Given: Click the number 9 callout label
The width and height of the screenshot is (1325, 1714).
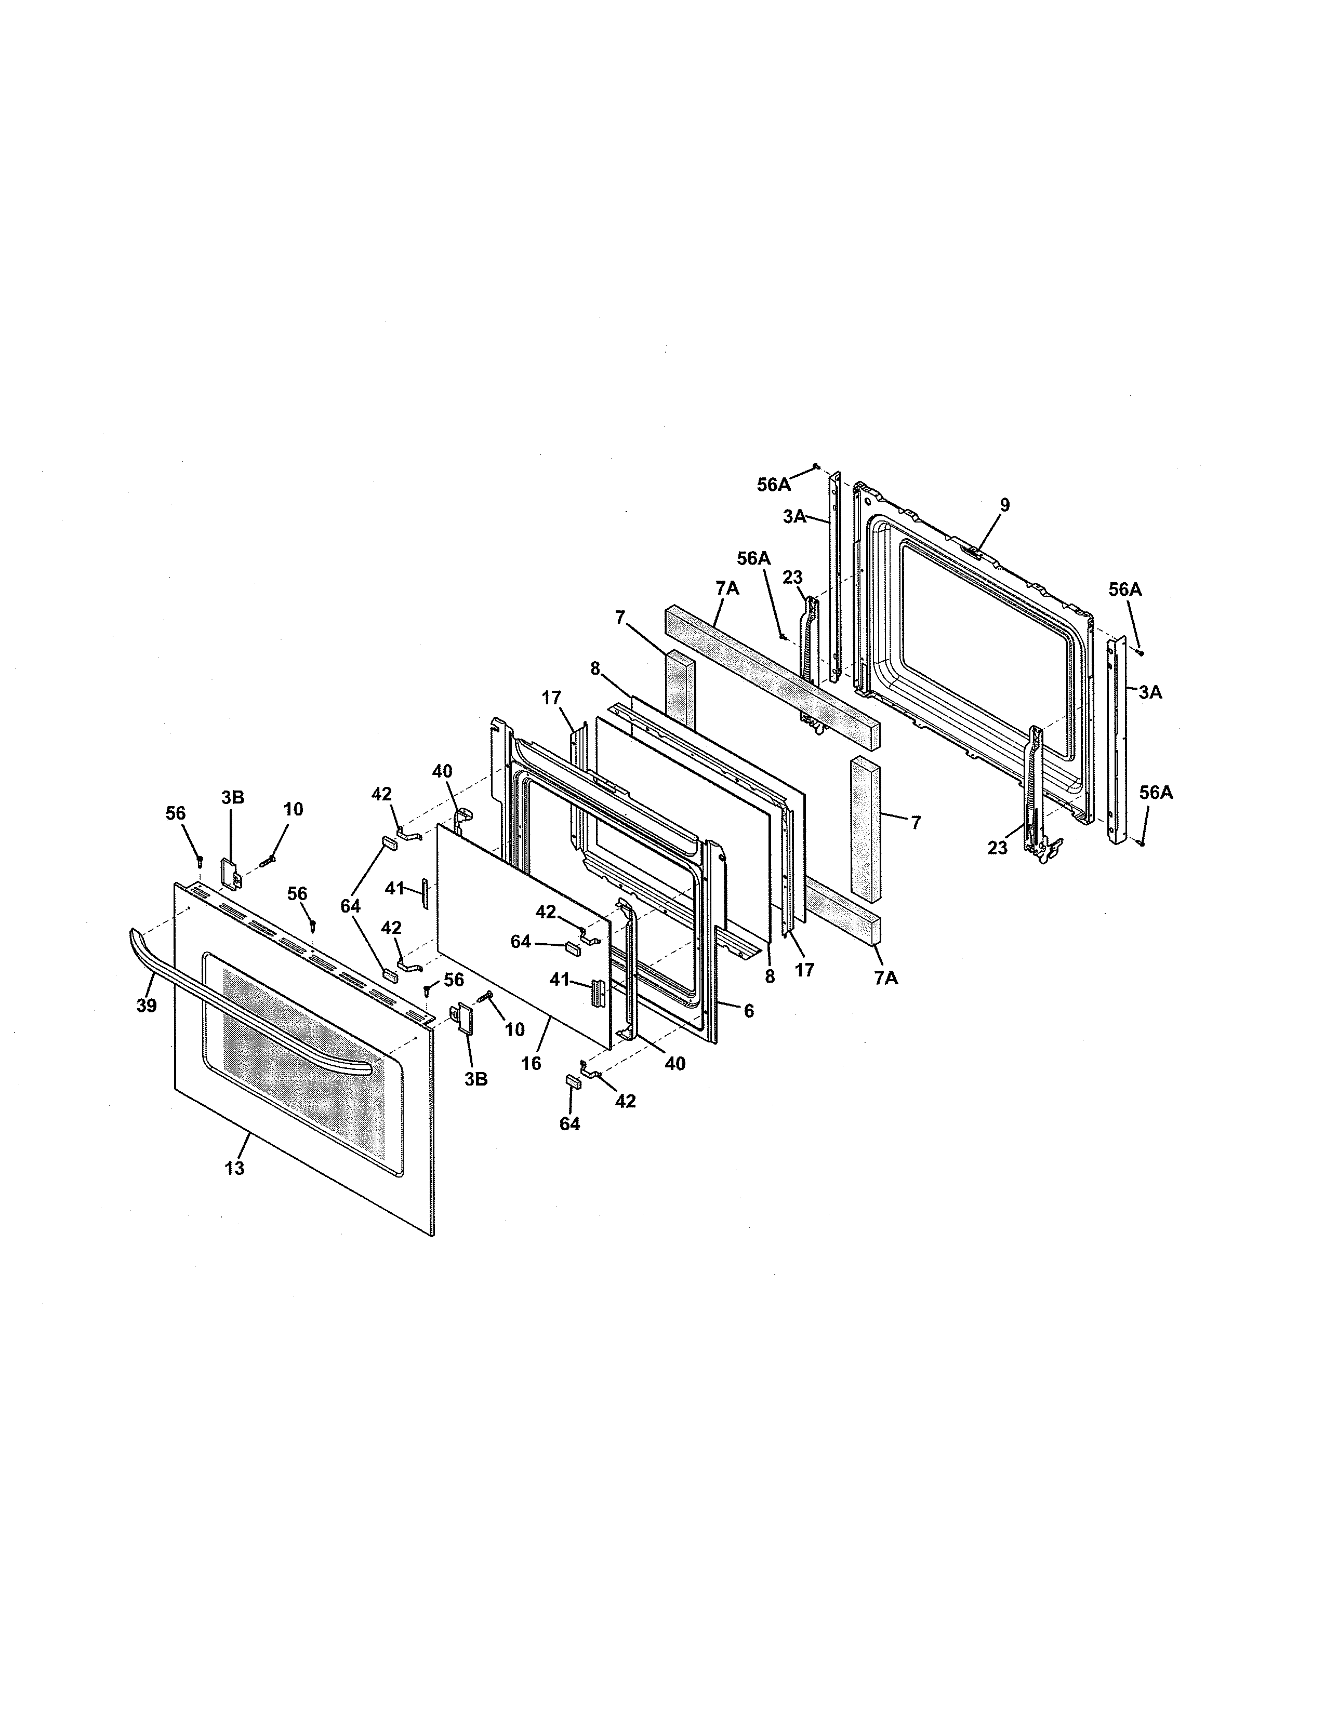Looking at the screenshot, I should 1005,505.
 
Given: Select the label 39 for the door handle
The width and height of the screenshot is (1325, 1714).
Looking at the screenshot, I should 147,1006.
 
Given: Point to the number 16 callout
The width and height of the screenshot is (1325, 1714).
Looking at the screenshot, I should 532,1063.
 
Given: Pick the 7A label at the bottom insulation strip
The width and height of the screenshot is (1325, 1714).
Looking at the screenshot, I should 885,978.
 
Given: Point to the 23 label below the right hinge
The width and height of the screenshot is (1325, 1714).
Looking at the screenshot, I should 997,848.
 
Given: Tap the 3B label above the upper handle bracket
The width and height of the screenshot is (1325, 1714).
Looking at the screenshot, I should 232,797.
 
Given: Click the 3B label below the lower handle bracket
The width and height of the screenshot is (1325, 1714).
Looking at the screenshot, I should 475,1079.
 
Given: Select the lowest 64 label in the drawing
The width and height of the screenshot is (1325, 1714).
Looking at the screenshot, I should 570,1124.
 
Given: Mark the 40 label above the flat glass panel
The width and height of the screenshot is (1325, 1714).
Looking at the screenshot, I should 442,771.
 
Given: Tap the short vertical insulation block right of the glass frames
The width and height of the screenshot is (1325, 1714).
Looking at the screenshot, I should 865,828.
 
